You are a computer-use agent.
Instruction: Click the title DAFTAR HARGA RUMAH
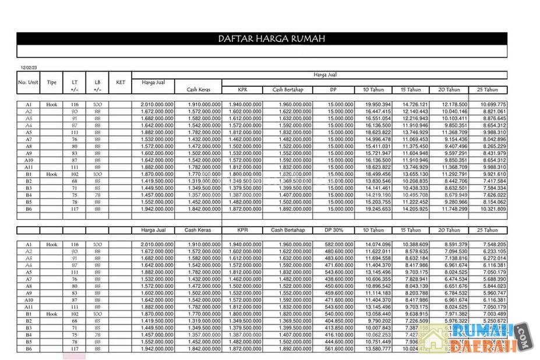pyautogui.click(x=271, y=39)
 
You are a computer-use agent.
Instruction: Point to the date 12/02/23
pyautogui.click(x=29, y=68)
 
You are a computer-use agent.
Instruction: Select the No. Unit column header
pyautogui.click(x=28, y=82)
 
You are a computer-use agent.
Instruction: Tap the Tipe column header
pyautogui.click(x=52, y=82)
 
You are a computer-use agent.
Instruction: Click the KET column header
pyautogui.click(x=121, y=82)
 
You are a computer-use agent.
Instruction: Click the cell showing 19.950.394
pyautogui.click(x=378, y=104)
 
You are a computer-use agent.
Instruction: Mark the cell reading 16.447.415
pyautogui.click(x=378, y=111)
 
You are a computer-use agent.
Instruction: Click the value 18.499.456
pyautogui.click(x=378, y=174)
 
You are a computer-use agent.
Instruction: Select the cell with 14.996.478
pyautogui.click(x=378, y=139)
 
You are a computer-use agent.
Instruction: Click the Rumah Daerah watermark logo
pyautogui.click(x=489, y=338)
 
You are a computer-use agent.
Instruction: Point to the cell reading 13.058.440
pyautogui.click(x=378, y=314)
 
